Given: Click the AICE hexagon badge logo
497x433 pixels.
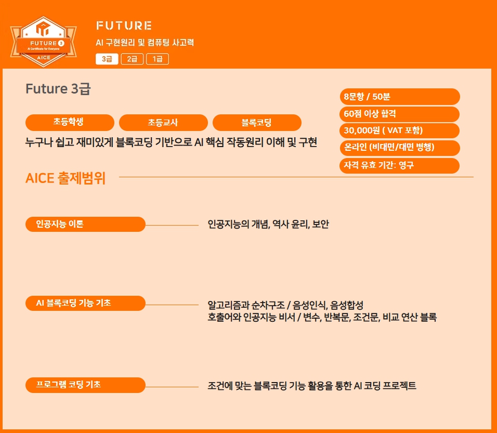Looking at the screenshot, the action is pyautogui.click(x=44, y=42).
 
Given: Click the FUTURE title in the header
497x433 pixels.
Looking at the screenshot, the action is pyautogui.click(x=124, y=25).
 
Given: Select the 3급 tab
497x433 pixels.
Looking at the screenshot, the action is pyautogui.click(x=107, y=59).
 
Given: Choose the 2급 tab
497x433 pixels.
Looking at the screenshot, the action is pyautogui.click(x=132, y=59).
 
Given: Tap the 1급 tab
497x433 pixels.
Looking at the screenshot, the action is pyautogui.click(x=158, y=59).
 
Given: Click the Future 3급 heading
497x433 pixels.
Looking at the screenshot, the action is pyautogui.click(x=58, y=89).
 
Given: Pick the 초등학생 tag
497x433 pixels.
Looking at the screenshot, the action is pyautogui.click(x=70, y=122).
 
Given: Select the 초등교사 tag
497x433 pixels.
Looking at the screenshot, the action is pyautogui.click(x=163, y=122).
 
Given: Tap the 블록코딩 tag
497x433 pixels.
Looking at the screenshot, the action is pyautogui.click(x=257, y=122).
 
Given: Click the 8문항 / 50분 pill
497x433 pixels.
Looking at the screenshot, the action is pyautogui.click(x=400, y=96).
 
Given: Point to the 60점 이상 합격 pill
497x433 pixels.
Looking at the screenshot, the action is pyautogui.click(x=400, y=114).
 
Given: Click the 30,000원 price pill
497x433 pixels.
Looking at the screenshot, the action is pyautogui.click(x=400, y=130).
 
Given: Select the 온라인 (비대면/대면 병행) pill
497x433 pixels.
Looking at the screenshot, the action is pyautogui.click(x=400, y=148).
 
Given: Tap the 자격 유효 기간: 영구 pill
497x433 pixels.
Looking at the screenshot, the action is pyautogui.click(x=400, y=165).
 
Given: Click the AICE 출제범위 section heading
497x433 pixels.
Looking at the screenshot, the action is pyautogui.click(x=66, y=178).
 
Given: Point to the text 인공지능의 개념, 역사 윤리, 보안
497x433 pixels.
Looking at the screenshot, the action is pyautogui.click(x=268, y=225).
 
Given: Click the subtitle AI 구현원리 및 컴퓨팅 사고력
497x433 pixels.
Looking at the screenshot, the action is pyautogui.click(x=145, y=43).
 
